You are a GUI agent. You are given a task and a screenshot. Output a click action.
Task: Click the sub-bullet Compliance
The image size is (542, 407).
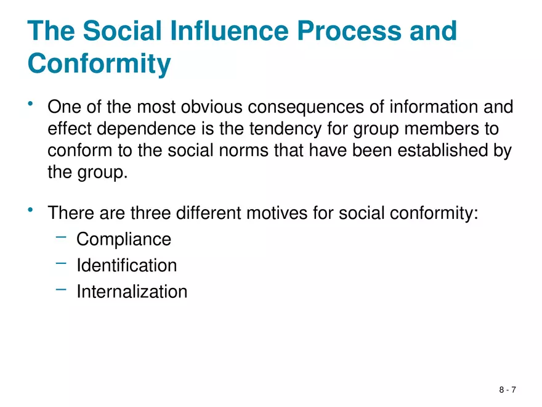[124, 239]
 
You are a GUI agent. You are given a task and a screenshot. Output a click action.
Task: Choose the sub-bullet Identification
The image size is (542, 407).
[126, 266]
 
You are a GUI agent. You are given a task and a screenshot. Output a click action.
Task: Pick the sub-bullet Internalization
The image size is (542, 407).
[132, 292]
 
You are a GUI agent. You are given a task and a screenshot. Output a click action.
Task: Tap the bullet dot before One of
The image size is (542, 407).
[30, 106]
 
